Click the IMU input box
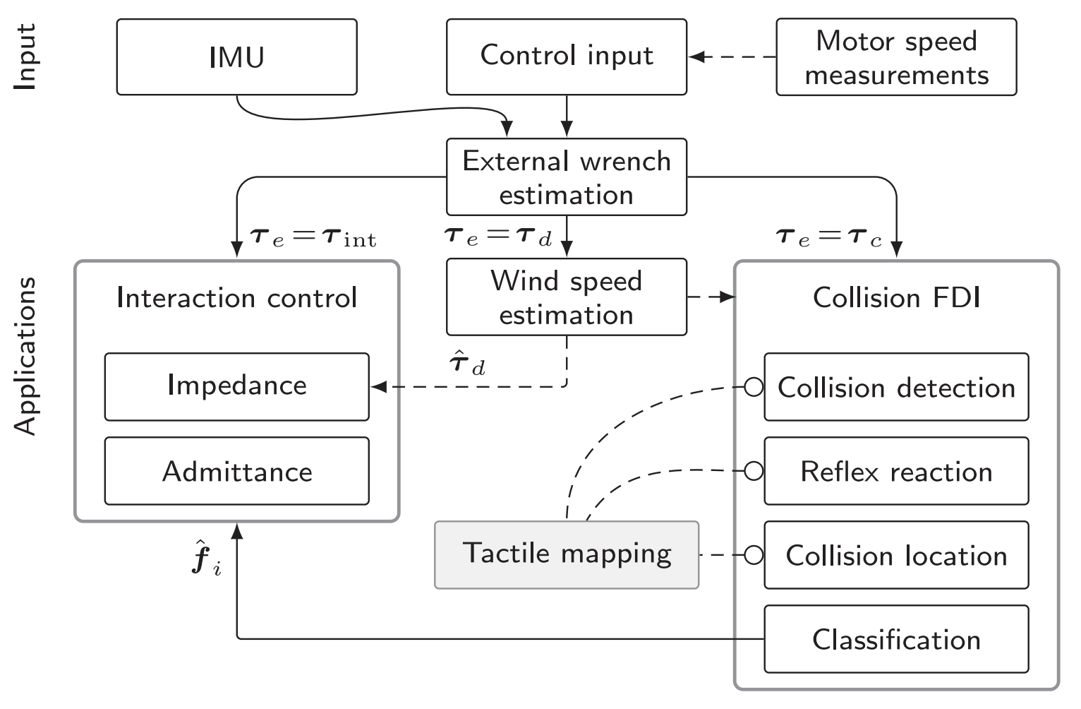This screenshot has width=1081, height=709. click(x=236, y=57)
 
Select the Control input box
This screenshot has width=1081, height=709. click(x=566, y=57)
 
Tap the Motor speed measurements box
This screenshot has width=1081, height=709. click(x=895, y=57)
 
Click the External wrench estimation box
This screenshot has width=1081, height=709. click(x=566, y=177)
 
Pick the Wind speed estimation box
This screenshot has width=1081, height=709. click(x=566, y=297)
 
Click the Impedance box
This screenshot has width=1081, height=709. click(x=236, y=386)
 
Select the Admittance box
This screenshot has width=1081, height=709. click(x=236, y=471)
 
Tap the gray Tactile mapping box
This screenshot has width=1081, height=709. click(x=566, y=554)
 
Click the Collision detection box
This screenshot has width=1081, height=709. click(x=895, y=387)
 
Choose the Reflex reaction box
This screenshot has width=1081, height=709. click(x=895, y=471)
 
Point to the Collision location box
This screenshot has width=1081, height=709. click(x=895, y=555)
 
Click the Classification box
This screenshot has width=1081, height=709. click(x=895, y=639)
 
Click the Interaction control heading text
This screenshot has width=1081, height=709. click(x=236, y=298)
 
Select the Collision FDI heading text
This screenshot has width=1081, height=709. click(x=896, y=298)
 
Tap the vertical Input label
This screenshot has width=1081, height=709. click(x=25, y=57)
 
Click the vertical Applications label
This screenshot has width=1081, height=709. click(x=25, y=356)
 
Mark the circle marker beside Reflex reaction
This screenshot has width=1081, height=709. click(x=754, y=471)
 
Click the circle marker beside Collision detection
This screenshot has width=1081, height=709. click(x=754, y=387)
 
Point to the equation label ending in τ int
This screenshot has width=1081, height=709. click(x=313, y=237)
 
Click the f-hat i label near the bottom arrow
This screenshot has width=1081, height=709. click(x=206, y=561)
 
